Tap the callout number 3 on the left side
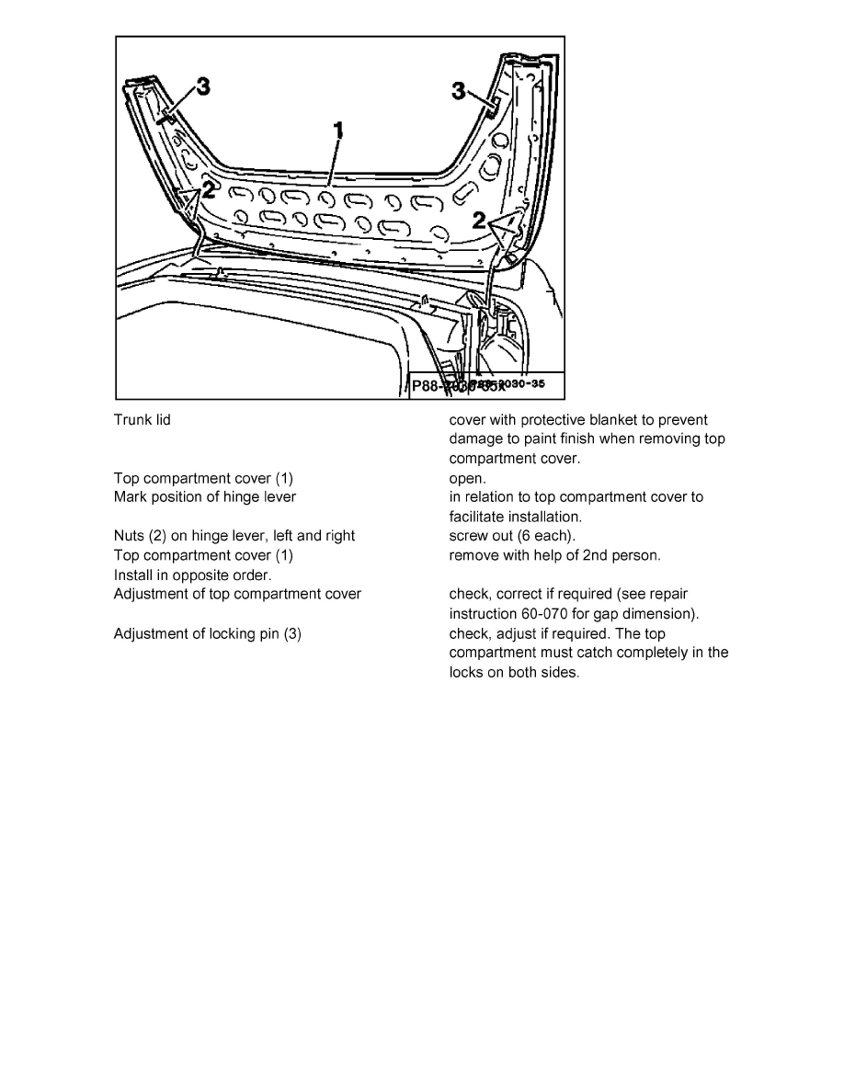click(203, 86)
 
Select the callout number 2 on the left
click(209, 190)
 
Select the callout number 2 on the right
click(478, 220)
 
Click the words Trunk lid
click(142, 420)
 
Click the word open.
click(467, 478)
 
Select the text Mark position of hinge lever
click(204, 497)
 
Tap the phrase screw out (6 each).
click(512, 536)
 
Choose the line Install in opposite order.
click(192, 574)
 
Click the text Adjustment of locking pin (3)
click(207, 633)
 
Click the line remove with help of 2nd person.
click(554, 555)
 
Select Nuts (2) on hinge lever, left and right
click(234, 536)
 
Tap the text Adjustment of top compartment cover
click(237, 594)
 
